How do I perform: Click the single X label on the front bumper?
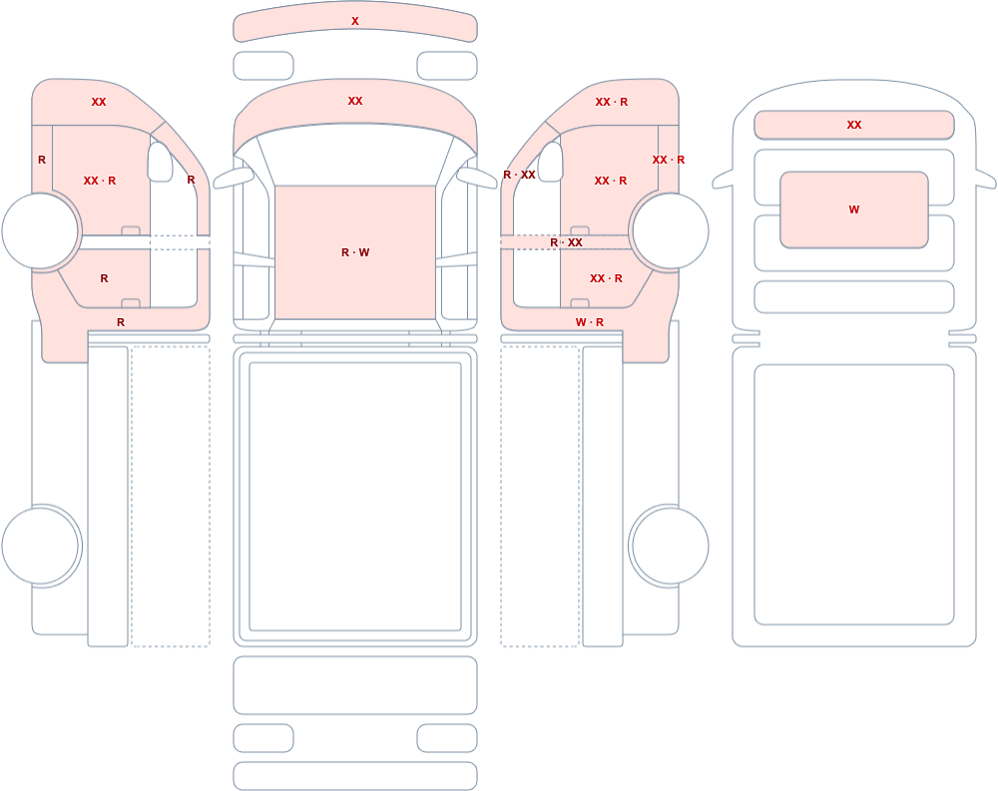pos(355,21)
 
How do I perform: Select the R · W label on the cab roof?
pos(355,252)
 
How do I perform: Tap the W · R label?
pos(590,322)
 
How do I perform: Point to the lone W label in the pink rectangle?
pos(854,209)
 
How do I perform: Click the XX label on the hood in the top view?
pos(355,101)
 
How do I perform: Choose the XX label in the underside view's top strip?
pos(854,126)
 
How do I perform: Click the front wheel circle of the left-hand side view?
pos(40,231)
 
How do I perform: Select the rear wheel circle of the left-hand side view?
pos(40,546)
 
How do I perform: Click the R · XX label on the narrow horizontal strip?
pos(567,242)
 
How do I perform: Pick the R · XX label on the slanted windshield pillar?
pos(519,175)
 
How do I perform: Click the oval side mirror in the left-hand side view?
pos(160,162)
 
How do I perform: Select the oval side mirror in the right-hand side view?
pos(551,162)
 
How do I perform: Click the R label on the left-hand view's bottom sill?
pos(121,322)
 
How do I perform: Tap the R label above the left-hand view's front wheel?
pos(42,160)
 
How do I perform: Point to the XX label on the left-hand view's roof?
pos(99,102)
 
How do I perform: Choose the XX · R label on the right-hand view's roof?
pos(612,102)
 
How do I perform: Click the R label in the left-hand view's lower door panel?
pos(105,278)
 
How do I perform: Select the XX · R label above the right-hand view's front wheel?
pos(669,160)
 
